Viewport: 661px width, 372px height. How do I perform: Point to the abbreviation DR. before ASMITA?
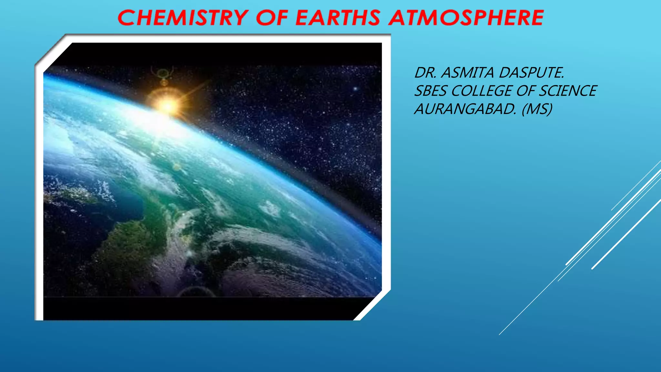click(x=425, y=73)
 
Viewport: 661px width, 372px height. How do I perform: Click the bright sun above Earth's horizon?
click(x=168, y=105)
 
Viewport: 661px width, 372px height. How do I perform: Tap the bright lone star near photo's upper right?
click(x=355, y=88)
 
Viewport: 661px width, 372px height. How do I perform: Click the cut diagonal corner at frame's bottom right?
click(x=373, y=306)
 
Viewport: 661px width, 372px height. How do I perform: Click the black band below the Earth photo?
click(x=200, y=308)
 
